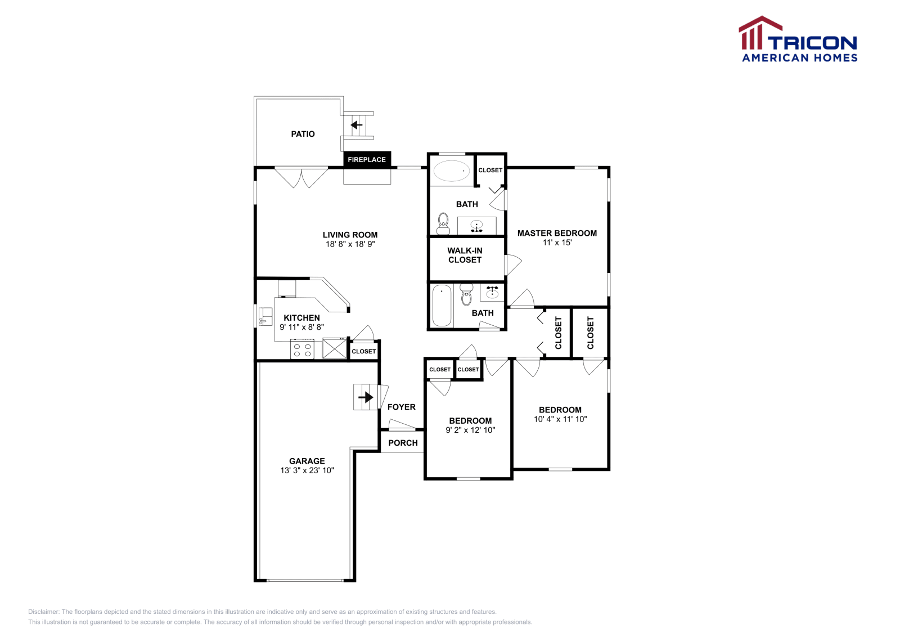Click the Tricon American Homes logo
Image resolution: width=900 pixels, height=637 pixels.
click(798, 39)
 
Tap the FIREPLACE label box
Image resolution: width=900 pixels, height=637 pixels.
click(367, 160)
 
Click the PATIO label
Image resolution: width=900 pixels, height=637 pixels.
click(303, 134)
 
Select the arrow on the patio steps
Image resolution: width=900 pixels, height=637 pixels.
click(357, 125)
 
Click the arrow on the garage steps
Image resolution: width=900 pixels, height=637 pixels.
click(366, 397)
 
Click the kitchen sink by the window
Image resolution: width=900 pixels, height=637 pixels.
click(264, 316)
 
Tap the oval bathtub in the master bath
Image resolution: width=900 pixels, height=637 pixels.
click(452, 171)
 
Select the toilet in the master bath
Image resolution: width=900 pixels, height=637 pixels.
click(443, 223)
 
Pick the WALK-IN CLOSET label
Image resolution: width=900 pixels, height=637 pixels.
click(465, 255)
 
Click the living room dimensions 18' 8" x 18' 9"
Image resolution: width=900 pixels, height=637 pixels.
click(350, 244)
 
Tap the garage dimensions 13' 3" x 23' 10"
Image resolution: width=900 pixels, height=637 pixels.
click(307, 470)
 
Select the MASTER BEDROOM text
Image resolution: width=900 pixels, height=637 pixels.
click(557, 233)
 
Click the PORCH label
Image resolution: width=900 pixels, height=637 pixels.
click(403, 443)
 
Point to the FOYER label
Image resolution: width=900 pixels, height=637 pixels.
click(401, 407)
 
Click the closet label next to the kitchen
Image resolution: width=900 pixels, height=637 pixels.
click(363, 351)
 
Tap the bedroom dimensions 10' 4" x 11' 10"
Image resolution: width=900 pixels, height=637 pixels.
click(560, 419)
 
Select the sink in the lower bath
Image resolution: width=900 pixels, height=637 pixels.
click(492, 293)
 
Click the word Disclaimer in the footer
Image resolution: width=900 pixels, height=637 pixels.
click(43, 612)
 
